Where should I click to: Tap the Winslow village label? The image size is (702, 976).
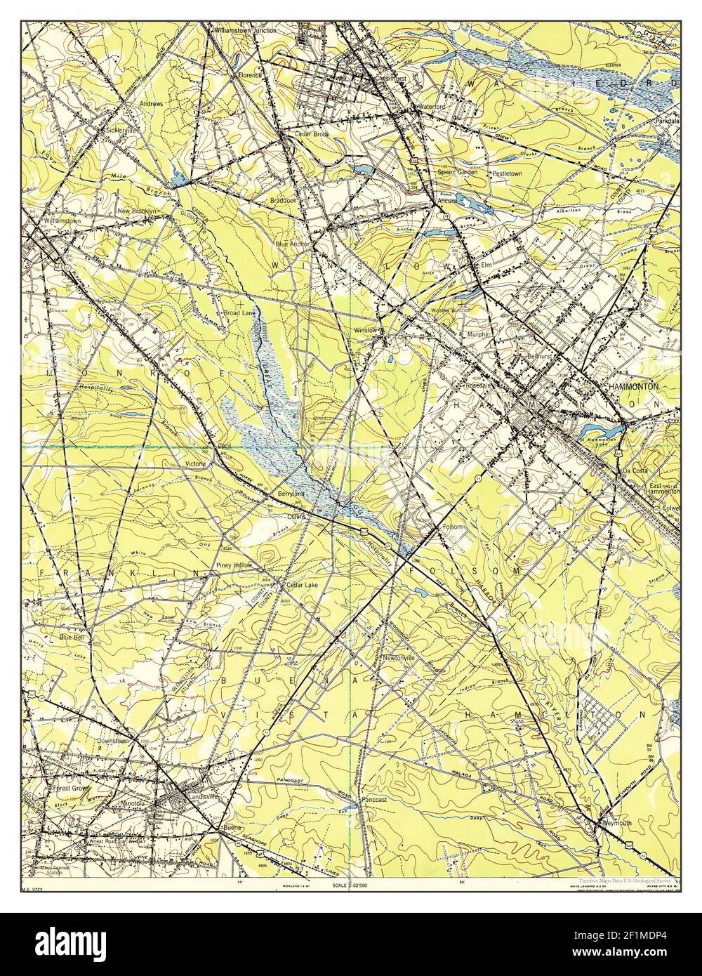366,330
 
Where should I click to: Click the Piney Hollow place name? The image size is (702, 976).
234,565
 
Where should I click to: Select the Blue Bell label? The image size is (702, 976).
72,637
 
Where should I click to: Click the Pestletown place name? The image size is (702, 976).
507,173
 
